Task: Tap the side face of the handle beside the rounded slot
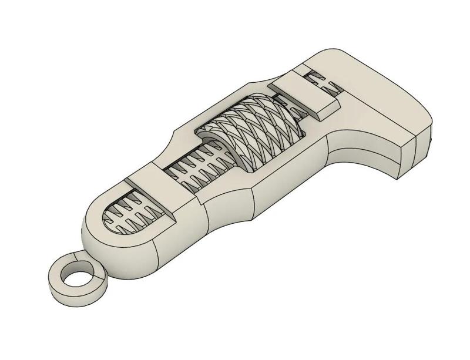(176, 241)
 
